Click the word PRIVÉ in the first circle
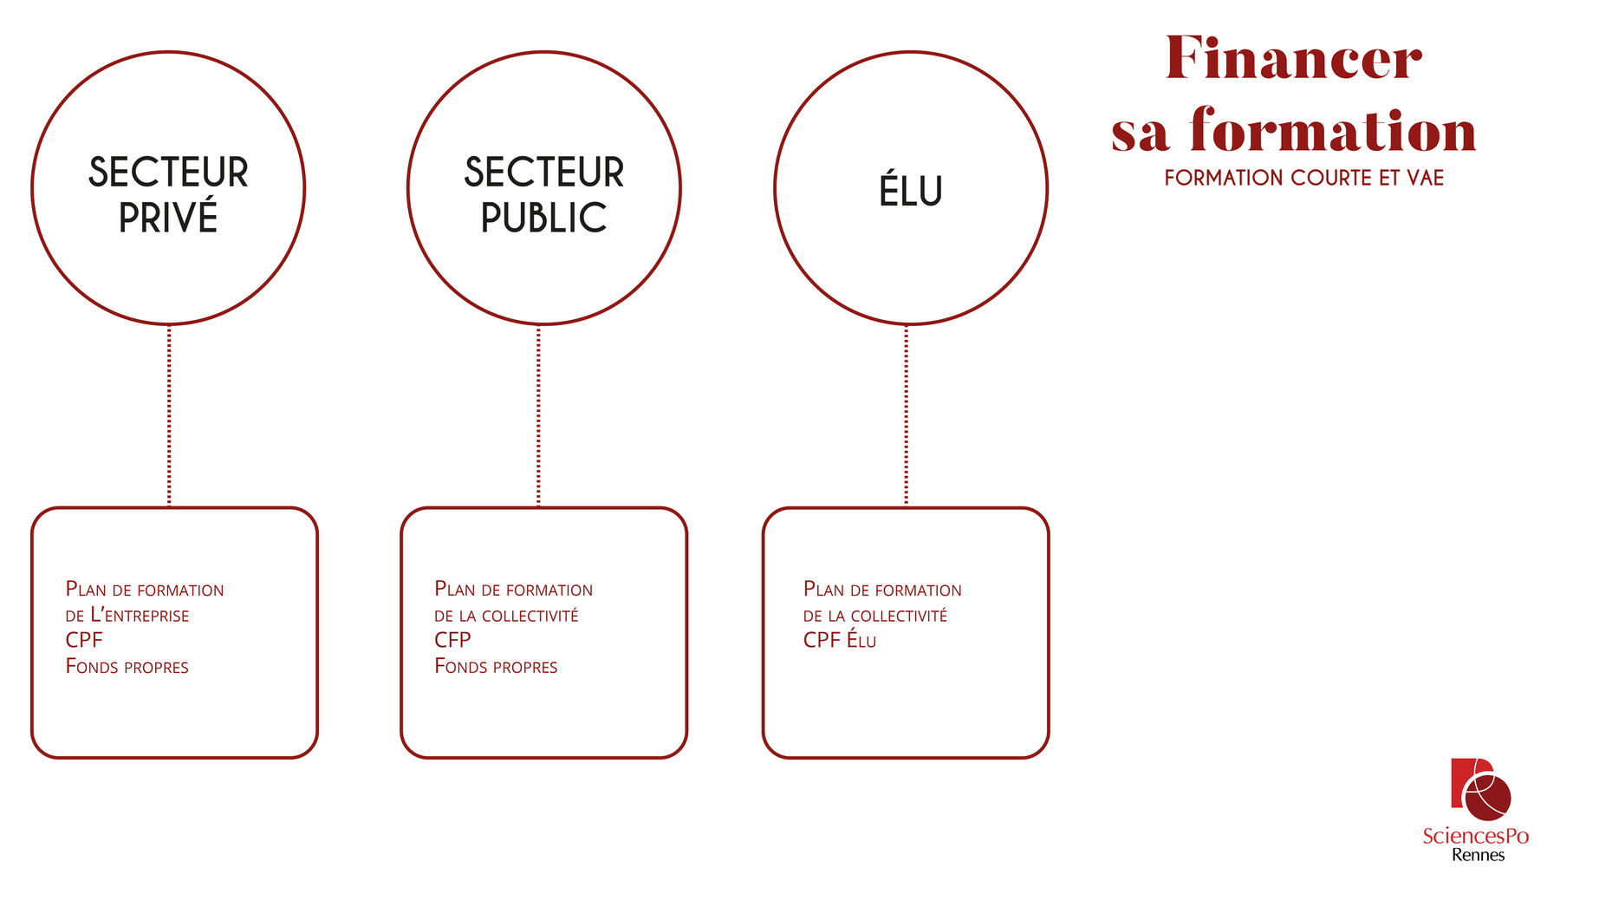click(168, 218)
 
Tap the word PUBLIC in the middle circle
click(543, 218)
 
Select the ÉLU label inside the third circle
click(911, 192)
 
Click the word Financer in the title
click(1293, 59)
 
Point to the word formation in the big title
click(1333, 132)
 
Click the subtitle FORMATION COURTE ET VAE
click(1303, 178)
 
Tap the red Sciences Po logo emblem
click(1480, 789)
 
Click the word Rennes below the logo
click(1478, 855)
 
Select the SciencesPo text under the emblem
click(1475, 836)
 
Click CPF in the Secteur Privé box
click(84, 641)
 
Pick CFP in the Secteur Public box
click(452, 641)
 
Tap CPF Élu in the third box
click(839, 641)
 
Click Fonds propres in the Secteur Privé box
click(127, 667)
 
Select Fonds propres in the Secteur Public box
click(496, 667)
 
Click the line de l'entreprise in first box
click(127, 616)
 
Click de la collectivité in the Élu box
click(874, 616)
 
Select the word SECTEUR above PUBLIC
click(543, 173)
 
